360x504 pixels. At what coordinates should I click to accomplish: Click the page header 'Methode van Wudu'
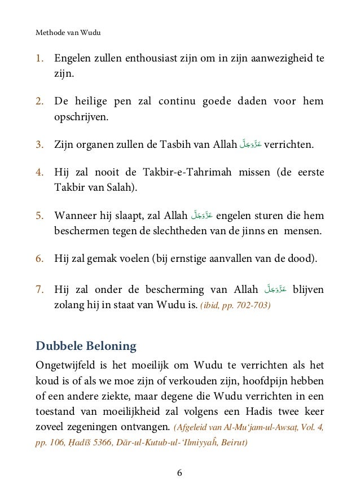68,32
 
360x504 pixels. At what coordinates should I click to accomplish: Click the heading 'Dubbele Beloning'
86,345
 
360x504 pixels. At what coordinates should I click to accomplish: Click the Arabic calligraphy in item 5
201,215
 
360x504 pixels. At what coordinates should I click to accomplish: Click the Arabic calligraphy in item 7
275,290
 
